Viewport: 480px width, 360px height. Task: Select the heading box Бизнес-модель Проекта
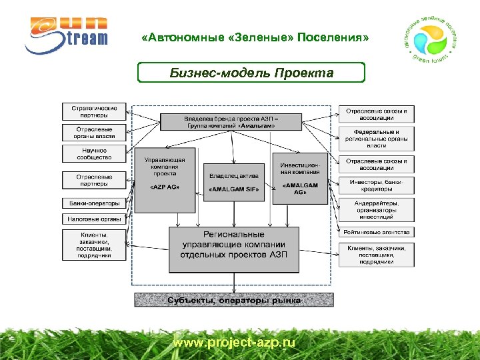pos(251,72)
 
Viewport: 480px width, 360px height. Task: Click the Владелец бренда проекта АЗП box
pos(231,122)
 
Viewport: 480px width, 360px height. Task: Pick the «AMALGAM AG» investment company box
pos(300,178)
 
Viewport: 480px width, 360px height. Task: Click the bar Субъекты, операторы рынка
pos(233,300)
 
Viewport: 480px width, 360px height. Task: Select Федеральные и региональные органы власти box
pos(376,139)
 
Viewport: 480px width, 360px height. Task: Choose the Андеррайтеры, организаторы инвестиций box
pos(376,210)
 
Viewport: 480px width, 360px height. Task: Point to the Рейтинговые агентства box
pos(376,232)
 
